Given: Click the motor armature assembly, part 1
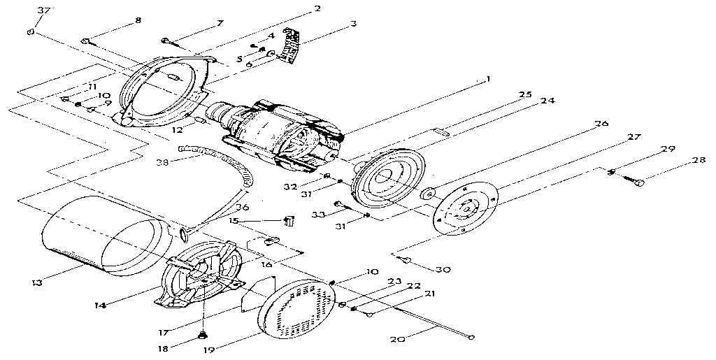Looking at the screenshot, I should pyautogui.click(x=280, y=134).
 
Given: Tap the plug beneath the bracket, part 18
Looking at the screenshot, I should pyautogui.click(x=202, y=334).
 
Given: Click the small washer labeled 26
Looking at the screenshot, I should pyautogui.click(x=427, y=192).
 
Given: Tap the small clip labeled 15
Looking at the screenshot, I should pyautogui.click(x=287, y=222).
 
